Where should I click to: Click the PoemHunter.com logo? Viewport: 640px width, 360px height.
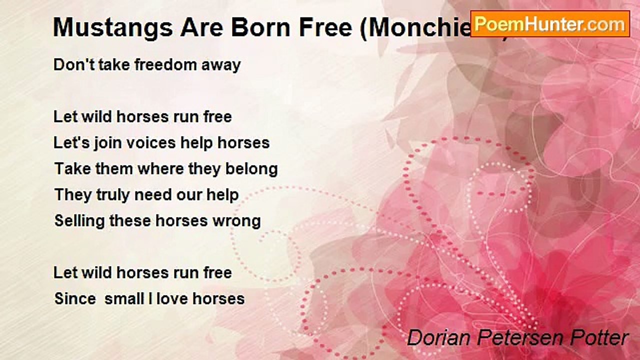550,23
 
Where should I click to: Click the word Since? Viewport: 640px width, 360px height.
75,299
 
